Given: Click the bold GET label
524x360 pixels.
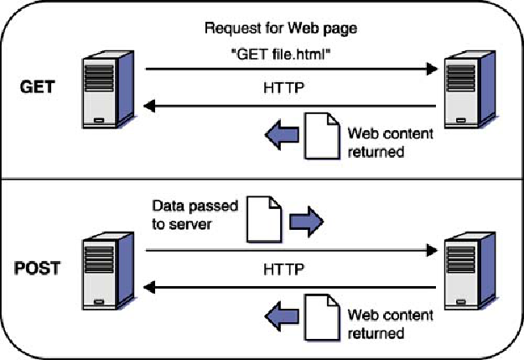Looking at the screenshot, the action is click(37, 87).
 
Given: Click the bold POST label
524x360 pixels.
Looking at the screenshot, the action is click(38, 269).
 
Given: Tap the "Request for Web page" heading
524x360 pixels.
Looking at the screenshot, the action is click(281, 29).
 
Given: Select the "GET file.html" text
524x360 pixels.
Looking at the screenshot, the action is click(281, 54).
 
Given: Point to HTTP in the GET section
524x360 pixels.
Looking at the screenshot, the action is click(283, 88).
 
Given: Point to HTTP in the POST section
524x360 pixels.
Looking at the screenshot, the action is click(283, 269).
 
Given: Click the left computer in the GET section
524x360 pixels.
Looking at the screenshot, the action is click(108, 89).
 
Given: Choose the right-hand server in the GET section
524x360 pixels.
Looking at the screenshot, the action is click(470, 89).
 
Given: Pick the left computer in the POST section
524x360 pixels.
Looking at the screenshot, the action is click(108, 271).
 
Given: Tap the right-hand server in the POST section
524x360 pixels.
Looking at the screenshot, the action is click(470, 271).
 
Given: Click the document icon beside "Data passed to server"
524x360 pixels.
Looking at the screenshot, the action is click(264, 219).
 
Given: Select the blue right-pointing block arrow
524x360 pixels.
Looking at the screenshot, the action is click(306, 222).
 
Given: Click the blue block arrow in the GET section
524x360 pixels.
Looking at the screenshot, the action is click(282, 135).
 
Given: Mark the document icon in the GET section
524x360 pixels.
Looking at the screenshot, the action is click(322, 136).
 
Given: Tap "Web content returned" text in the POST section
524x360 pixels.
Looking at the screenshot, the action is click(391, 324).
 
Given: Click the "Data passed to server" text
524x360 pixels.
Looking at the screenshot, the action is click(195, 215).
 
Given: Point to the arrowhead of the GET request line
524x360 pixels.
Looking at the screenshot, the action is click(432, 69).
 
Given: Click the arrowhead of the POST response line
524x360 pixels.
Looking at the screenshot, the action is click(149, 287).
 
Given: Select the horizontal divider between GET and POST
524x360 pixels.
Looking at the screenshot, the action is click(262, 179).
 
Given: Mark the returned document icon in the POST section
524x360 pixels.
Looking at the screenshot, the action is click(322, 317).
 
